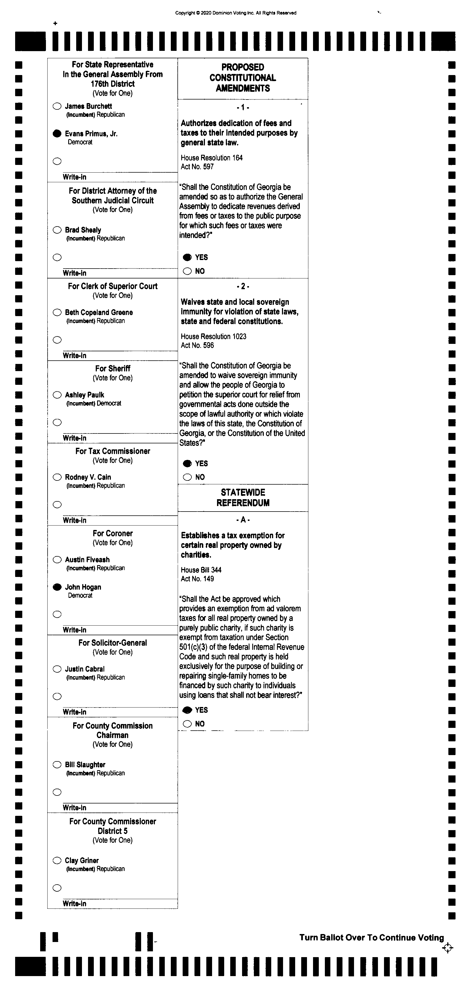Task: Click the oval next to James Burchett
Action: tap(57, 106)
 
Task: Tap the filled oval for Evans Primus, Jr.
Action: tap(57, 134)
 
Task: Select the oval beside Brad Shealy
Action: tap(57, 230)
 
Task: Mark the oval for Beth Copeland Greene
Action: tap(57, 313)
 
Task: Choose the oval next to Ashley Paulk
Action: tap(57, 395)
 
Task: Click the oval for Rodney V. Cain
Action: tap(57, 477)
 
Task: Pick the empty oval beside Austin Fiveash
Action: tap(57, 560)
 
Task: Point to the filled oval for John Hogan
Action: tap(57, 587)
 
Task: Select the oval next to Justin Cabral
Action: tap(57, 669)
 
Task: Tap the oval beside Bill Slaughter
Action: tap(57, 765)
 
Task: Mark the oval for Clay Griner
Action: tap(57, 860)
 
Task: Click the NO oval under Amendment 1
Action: tap(187, 271)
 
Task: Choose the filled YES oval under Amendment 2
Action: tap(187, 463)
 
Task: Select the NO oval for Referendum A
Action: tap(187, 724)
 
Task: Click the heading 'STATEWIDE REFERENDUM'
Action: tap(243, 498)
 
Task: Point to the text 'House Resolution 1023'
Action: tap(213, 336)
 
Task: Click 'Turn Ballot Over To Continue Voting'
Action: tap(371, 938)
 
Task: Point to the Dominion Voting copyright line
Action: tap(235, 13)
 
